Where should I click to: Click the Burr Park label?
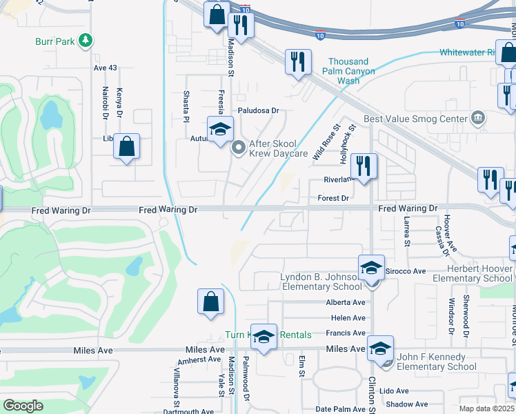tap(55, 41)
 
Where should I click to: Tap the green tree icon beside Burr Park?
tap(86, 41)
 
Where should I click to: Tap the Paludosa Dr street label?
tap(258, 110)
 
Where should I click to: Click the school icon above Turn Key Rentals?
tap(263, 336)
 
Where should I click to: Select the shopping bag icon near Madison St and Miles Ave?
tap(210, 302)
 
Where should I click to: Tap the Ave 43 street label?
tap(105, 68)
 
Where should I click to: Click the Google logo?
tap(23, 406)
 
